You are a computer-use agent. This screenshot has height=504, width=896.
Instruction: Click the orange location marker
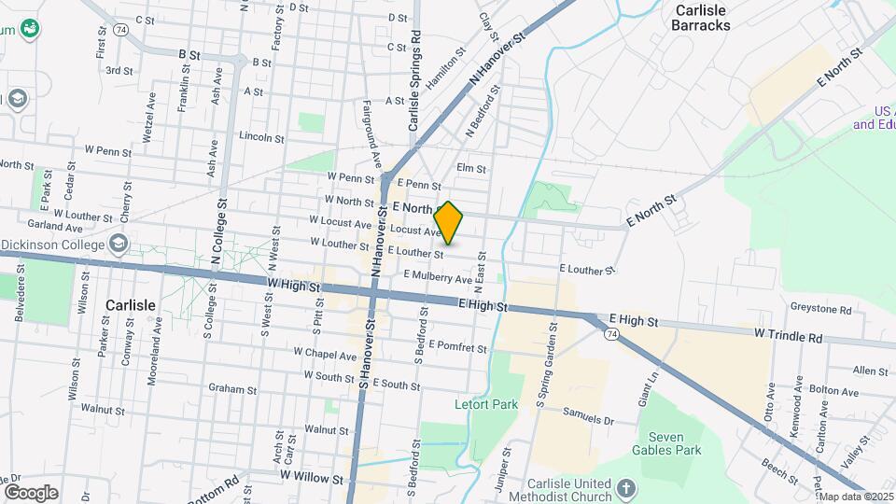(449, 223)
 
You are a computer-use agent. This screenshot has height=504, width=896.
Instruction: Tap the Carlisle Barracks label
(700, 18)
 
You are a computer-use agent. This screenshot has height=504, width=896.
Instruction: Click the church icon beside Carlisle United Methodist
(626, 486)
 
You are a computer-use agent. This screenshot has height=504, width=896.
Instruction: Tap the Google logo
(30, 493)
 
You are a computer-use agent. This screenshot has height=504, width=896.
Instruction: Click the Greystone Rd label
(820, 309)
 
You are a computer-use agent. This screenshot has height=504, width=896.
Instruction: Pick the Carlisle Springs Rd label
(415, 81)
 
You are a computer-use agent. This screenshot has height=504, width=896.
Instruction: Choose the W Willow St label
(312, 477)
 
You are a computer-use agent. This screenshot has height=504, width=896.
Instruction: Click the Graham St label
(232, 388)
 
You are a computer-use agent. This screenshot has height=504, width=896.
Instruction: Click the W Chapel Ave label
(325, 355)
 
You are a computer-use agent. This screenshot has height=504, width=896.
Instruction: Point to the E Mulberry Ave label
(438, 277)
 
